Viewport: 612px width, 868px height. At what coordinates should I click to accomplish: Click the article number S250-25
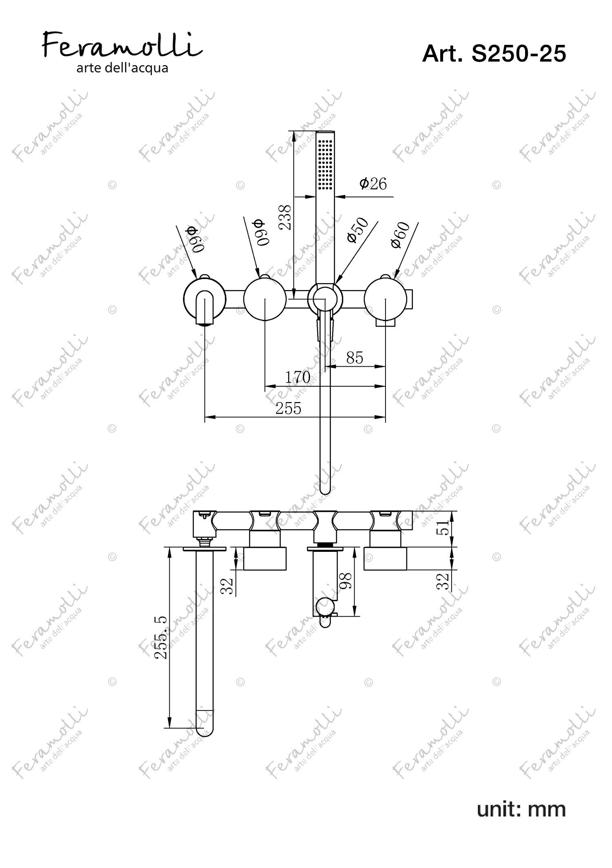[x=494, y=53]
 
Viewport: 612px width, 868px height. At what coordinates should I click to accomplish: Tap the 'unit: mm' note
[x=521, y=809]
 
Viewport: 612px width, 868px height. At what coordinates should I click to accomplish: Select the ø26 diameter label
[x=373, y=184]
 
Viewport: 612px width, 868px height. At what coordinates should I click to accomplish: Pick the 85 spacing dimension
[x=355, y=358]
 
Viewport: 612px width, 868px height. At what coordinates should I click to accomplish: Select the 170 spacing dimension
[x=297, y=377]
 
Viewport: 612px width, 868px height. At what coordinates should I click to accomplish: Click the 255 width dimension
[x=288, y=408]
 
